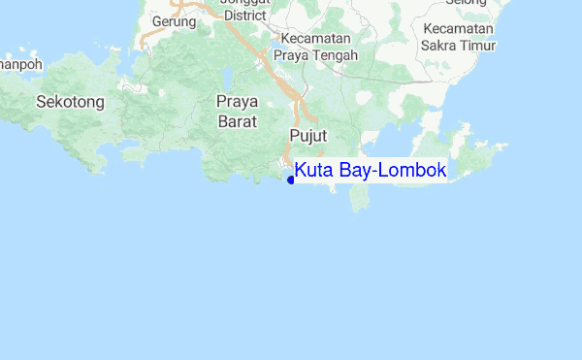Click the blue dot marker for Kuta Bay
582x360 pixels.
[x=291, y=179]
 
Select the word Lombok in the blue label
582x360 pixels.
[x=412, y=171]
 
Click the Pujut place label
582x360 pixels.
[x=307, y=134]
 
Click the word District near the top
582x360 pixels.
[x=244, y=16]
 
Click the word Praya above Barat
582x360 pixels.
[x=237, y=100]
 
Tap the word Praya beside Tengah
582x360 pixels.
[x=293, y=55]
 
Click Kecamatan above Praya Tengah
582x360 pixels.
[x=313, y=38]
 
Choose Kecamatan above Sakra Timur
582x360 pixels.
[x=458, y=27]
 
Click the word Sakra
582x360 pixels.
[x=440, y=45]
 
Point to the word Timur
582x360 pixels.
[x=479, y=45]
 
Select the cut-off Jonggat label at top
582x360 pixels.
[x=245, y=3]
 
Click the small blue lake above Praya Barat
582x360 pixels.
[x=226, y=76]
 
